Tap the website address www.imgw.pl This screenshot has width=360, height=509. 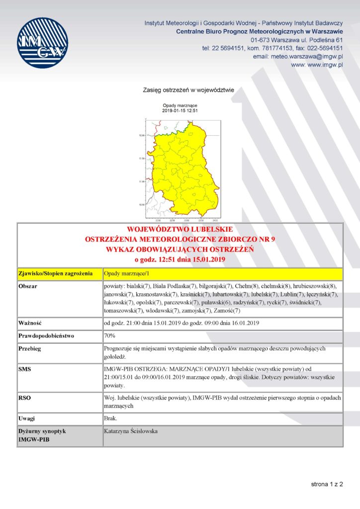[x=324, y=65]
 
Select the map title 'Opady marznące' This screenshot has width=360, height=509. [x=180, y=106]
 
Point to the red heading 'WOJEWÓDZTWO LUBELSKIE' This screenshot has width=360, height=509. [x=180, y=230]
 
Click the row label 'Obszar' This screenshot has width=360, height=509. [x=27, y=287]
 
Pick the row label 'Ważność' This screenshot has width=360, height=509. [x=29, y=324]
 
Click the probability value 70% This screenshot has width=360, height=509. [x=109, y=336]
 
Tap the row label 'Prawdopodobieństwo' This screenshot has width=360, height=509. [x=46, y=336]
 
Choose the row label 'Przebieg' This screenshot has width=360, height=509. [x=30, y=348]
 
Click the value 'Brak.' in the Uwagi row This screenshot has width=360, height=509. [x=110, y=419]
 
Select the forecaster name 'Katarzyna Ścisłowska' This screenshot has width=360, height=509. [x=131, y=431]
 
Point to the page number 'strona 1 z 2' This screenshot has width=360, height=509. [x=327, y=483]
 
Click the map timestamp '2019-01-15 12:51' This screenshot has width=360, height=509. [x=180, y=111]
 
